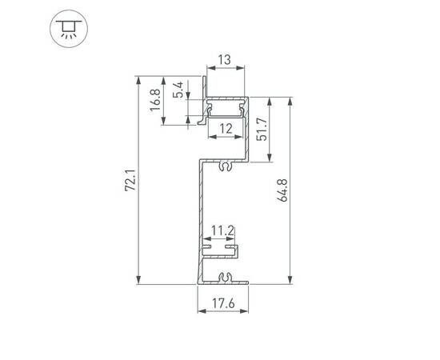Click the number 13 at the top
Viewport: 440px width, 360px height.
click(x=225, y=60)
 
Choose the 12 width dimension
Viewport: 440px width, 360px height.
click(x=226, y=128)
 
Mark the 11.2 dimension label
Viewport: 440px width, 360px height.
click(x=221, y=232)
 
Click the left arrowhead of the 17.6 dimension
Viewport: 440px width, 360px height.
click(x=200, y=314)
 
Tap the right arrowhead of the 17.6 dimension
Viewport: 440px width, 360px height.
click(x=246, y=314)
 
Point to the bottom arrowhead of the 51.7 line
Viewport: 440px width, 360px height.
click(x=270, y=159)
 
